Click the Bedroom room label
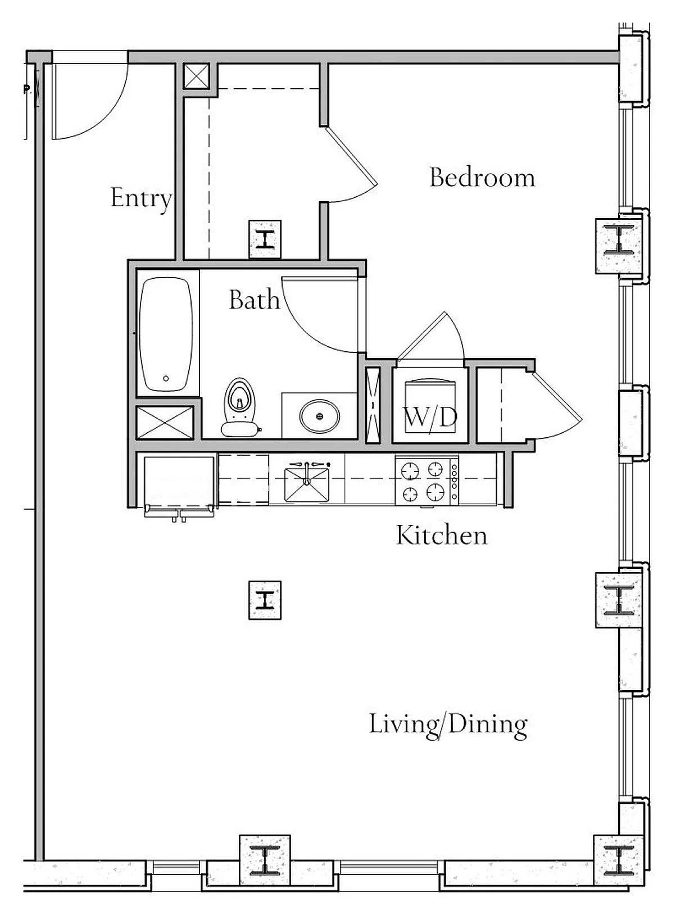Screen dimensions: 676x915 point(482,178)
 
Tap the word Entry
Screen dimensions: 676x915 point(141,198)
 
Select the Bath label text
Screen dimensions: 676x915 point(254,300)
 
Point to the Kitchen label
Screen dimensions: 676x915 point(442,535)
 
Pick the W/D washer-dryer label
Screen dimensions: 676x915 point(430,416)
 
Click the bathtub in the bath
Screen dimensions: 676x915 point(166,334)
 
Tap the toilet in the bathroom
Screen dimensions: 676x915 point(239,407)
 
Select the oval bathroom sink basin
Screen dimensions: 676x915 point(319,416)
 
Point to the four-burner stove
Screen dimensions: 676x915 point(427,480)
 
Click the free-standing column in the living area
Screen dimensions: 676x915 point(265,600)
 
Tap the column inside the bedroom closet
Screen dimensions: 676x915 point(265,239)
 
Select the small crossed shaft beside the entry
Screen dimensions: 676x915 point(196,76)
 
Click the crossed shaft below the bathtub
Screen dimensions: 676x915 point(165,423)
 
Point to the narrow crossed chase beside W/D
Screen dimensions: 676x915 point(373,406)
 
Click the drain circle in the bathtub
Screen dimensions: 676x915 point(166,378)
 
